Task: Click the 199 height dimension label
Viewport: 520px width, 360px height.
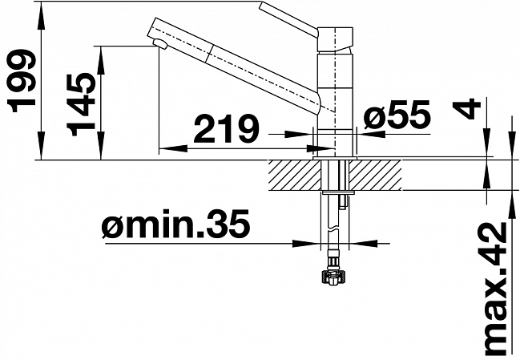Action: pyautogui.click(x=22, y=82)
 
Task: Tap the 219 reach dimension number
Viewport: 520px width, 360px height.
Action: pyautogui.click(x=227, y=128)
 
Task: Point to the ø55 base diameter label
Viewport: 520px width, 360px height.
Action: pyautogui.click(x=397, y=115)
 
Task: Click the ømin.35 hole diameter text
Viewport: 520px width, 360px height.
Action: pyautogui.click(x=175, y=224)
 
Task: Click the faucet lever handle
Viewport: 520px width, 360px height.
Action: pyautogui.click(x=289, y=21)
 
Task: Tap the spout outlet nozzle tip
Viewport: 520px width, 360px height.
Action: pyautogui.click(x=160, y=43)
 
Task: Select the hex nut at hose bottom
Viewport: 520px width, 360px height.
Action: pyautogui.click(x=333, y=277)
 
